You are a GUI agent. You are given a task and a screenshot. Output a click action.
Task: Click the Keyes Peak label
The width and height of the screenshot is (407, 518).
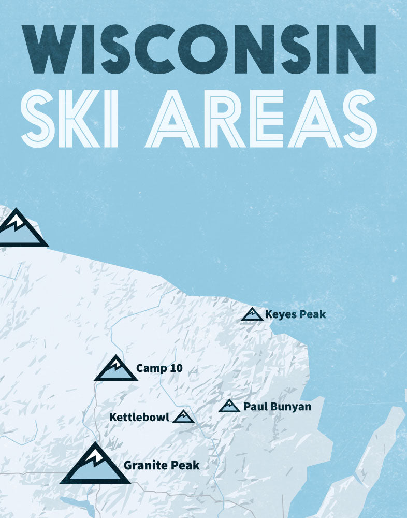[295, 314]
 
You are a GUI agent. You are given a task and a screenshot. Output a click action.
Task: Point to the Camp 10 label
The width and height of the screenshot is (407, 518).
[159, 369]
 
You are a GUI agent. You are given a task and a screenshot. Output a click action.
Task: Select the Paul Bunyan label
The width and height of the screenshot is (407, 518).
[278, 407]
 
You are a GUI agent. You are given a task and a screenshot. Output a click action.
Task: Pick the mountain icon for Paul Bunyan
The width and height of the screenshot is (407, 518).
[229, 406]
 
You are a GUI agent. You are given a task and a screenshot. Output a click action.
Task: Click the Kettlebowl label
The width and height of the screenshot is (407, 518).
[139, 417]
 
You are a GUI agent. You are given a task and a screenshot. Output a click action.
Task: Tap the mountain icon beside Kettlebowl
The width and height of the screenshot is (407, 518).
[183, 416]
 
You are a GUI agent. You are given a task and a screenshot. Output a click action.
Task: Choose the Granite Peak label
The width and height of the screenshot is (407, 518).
[162, 465]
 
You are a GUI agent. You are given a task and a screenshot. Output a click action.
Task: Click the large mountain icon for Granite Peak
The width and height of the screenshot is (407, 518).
[95, 465]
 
